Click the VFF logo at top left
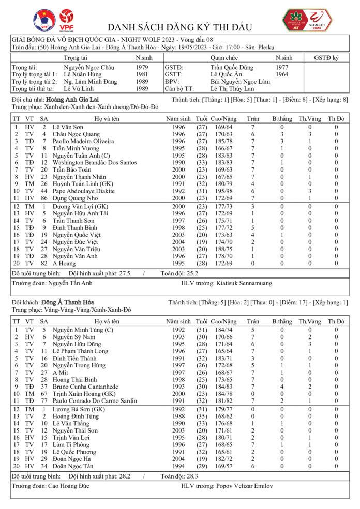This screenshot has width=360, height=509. point(44,20)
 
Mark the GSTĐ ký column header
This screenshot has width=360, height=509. point(329,58)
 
